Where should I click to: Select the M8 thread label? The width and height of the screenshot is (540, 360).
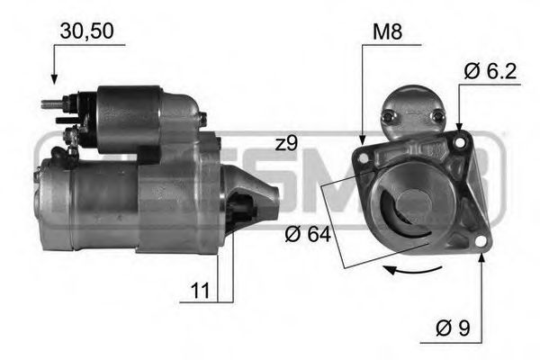[386, 34]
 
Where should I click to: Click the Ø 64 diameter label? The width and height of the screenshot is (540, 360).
[308, 236]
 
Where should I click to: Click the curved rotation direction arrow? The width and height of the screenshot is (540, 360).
[410, 269]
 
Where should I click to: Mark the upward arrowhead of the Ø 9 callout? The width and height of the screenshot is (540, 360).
[481, 258]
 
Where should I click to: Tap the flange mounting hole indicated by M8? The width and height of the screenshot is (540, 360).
[364, 157]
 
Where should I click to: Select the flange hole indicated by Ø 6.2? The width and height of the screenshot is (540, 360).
[462, 141]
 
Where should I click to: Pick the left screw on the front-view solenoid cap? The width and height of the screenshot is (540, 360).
[388, 116]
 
